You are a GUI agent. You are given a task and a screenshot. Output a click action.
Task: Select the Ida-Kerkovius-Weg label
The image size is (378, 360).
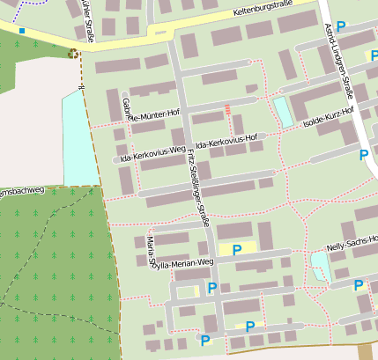(153, 155)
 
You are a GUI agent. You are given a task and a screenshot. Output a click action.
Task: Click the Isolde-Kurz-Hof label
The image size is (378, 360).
(327, 117)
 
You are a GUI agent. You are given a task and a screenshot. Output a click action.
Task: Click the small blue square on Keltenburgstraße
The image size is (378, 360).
(22, 31)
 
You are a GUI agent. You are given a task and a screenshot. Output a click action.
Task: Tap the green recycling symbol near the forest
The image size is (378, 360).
(72, 54)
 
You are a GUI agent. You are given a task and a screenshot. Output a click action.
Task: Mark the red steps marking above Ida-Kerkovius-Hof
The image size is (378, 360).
(228, 109)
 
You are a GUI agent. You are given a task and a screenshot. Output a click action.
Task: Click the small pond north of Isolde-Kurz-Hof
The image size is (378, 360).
(283, 111)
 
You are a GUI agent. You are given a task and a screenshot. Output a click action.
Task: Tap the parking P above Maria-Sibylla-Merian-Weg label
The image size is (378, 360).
(236, 249)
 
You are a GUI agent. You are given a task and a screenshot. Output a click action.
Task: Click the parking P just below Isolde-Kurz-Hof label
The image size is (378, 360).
(364, 154)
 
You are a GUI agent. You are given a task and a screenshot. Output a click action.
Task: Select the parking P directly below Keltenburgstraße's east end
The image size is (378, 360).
(340, 26)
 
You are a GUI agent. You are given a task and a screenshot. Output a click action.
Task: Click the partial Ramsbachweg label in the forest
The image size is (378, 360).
(18, 192)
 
